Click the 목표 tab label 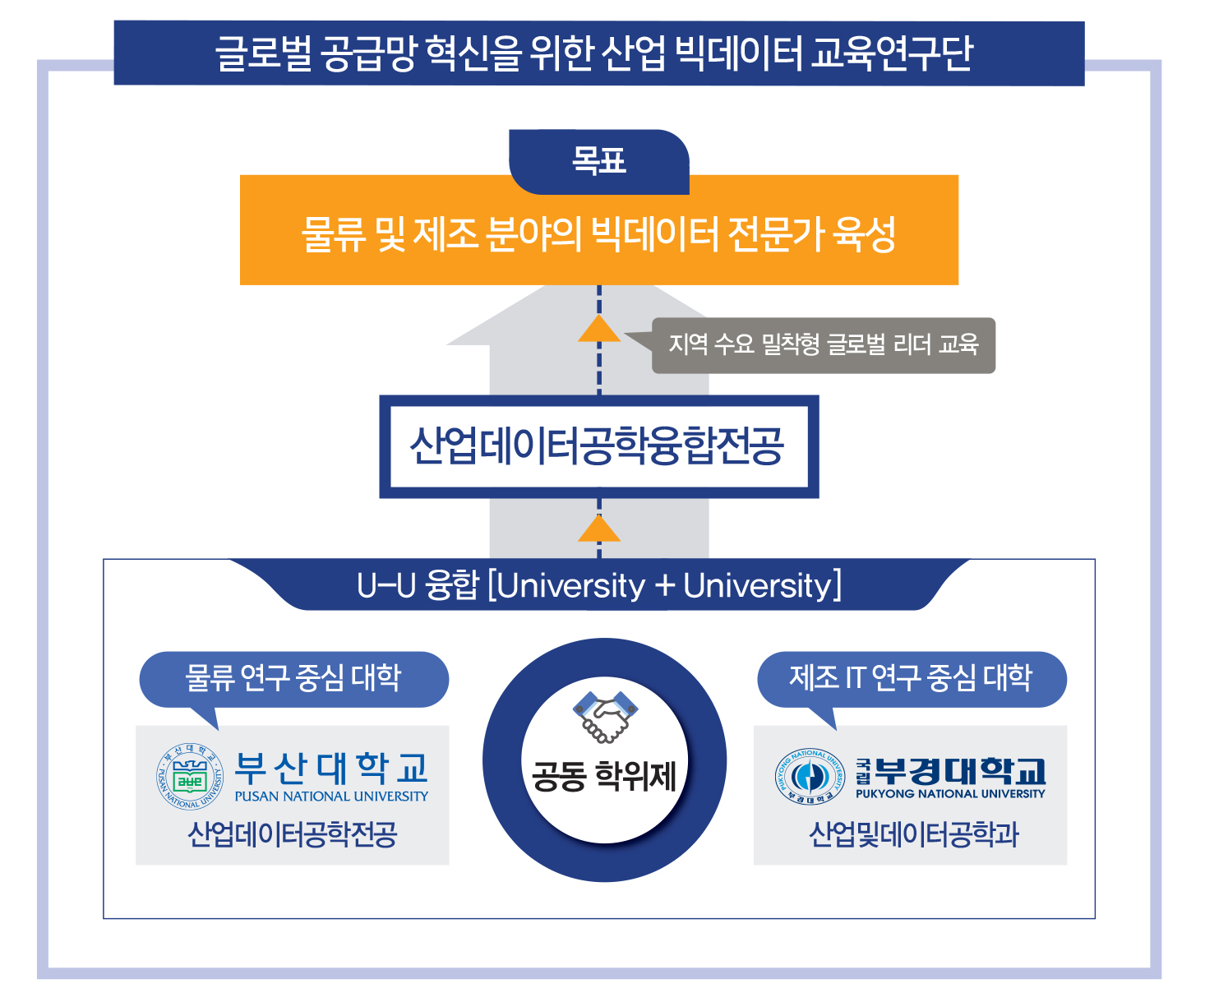click(598, 161)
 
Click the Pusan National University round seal click(190, 777)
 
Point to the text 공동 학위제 click(604, 776)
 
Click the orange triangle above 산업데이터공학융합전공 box click(599, 329)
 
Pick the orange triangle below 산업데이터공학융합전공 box click(599, 529)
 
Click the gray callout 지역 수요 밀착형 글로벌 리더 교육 click(823, 345)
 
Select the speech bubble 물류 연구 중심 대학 click(293, 679)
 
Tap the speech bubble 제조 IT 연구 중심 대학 click(911, 679)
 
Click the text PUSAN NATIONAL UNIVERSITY click(331, 797)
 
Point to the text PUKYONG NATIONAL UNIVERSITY click(950, 794)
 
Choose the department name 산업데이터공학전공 click(293, 835)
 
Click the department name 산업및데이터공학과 click(913, 835)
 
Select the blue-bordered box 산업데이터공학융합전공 click(598, 447)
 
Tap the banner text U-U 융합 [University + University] click(599, 586)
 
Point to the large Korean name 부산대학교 click(331, 769)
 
